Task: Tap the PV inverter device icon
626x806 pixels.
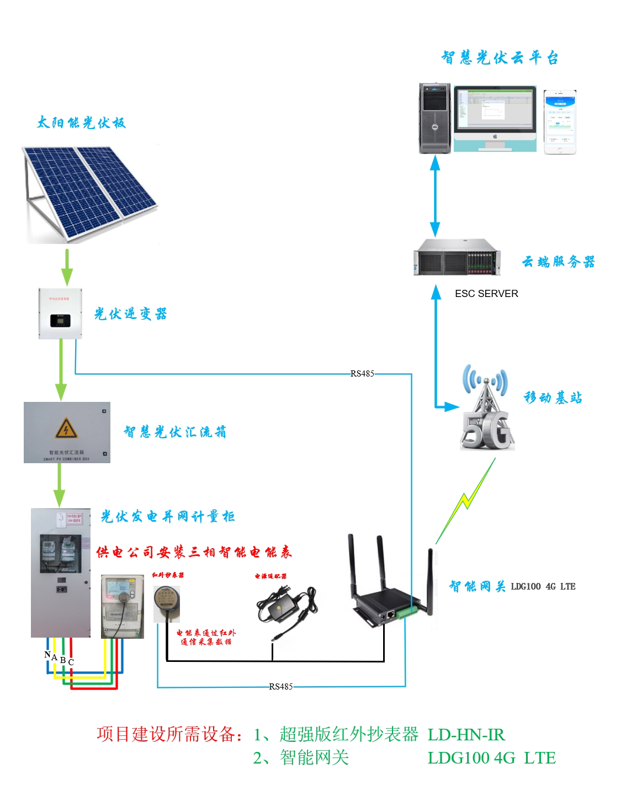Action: [x=60, y=313]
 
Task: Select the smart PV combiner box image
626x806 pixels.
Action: [x=67, y=432]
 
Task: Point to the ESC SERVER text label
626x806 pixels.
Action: [x=486, y=294]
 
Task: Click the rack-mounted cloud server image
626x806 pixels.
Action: [x=457, y=258]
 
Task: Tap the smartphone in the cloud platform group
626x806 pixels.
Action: [x=560, y=122]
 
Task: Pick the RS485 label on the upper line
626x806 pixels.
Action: [x=362, y=374]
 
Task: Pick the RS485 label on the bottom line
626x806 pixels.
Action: [x=280, y=687]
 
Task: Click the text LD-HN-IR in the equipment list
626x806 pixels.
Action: [x=466, y=734]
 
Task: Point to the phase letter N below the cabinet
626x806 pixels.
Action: [x=47, y=655]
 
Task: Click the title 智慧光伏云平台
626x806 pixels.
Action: [x=500, y=58]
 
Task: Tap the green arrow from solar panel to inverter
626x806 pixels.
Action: [x=67, y=267]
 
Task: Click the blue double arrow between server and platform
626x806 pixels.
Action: [x=436, y=196]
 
